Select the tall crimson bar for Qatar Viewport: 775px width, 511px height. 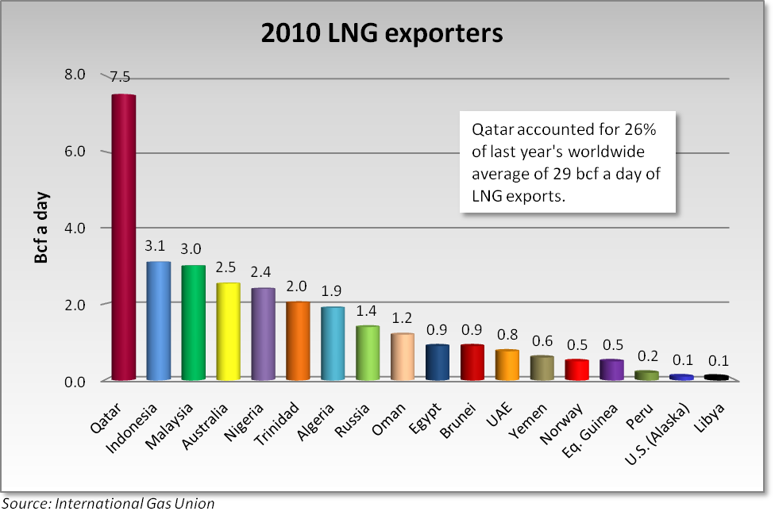124,238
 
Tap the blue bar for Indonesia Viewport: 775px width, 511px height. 159,321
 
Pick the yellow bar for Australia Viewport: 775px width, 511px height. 229,332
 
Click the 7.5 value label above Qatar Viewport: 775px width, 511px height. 121,77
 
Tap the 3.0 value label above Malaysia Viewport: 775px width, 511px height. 194,248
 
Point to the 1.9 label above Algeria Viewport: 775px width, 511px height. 333,290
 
